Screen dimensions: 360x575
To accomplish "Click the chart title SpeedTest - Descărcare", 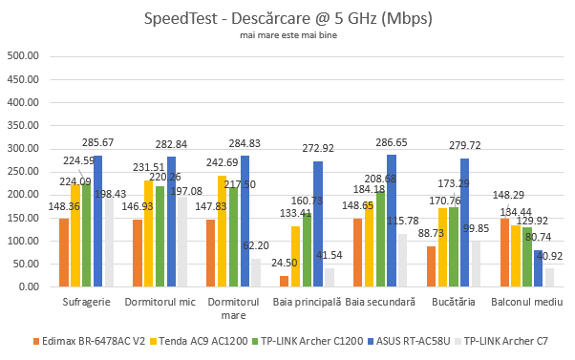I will pos(287,18).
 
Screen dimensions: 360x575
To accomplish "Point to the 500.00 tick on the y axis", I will pos(22,55).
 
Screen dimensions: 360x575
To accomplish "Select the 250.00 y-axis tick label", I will pos(22,171).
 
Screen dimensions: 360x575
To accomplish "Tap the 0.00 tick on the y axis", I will pos(27,286).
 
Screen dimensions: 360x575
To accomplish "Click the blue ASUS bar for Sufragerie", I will pos(97,221).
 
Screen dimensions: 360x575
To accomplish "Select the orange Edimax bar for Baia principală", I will pos(283,281).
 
